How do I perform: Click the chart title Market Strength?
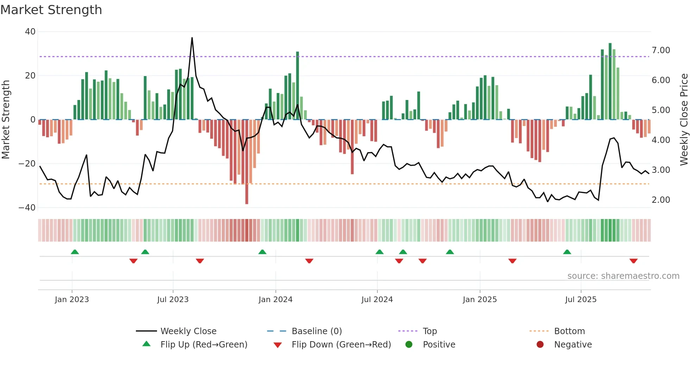coord(51,10)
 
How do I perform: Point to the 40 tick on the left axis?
coord(30,32)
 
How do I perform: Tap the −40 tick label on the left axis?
coord(27,208)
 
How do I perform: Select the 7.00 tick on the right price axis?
coord(661,50)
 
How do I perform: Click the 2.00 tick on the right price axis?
coord(661,200)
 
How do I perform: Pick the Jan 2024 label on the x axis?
coord(275,300)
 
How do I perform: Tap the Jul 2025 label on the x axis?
coord(581,300)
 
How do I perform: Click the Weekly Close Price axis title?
coord(684,119)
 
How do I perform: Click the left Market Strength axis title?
coord(6,119)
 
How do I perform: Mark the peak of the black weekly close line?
coord(192,38)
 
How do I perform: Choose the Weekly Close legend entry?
coord(188,331)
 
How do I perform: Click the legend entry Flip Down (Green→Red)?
coord(341,345)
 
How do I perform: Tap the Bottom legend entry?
coord(569,331)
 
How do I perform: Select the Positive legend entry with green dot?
coord(439,345)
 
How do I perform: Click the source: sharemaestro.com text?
coord(623,276)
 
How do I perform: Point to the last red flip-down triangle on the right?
coord(633,261)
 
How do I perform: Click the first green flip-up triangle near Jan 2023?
coord(75,252)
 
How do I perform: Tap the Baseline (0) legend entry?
coord(316,331)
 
